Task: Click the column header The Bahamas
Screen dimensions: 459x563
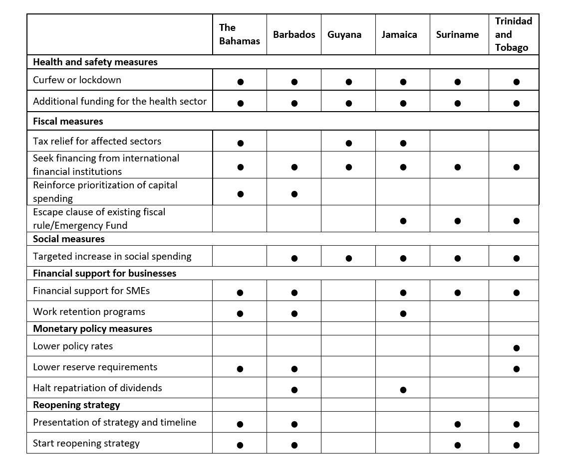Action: [239, 34]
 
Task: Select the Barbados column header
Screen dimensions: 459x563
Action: [294, 34]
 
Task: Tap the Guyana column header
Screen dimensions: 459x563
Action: [344, 34]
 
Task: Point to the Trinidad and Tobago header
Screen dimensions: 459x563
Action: [513, 34]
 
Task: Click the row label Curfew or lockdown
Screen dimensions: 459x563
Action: [77, 80]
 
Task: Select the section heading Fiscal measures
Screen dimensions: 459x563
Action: [68, 121]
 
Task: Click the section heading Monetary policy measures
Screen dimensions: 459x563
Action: [92, 328]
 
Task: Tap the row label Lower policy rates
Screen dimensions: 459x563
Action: [73, 346]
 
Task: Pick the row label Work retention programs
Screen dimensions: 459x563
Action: [89, 311]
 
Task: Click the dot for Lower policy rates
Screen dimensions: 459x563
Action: [516, 348]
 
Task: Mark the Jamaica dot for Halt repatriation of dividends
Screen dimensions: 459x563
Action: [403, 390]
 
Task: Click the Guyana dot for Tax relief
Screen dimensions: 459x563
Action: [348, 143]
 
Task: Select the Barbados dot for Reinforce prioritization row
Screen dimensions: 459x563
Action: [294, 194]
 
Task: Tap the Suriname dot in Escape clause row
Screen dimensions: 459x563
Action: [458, 221]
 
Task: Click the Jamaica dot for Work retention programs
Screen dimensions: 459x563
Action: [403, 313]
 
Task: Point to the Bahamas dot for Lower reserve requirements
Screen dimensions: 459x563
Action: [240, 369]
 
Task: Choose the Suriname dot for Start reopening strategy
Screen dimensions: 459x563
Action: [458, 445]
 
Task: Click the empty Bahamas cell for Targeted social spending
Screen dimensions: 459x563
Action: [240, 256]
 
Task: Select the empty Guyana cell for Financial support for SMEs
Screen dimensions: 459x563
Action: [348, 291]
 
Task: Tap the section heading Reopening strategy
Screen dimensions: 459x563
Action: [76, 405]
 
